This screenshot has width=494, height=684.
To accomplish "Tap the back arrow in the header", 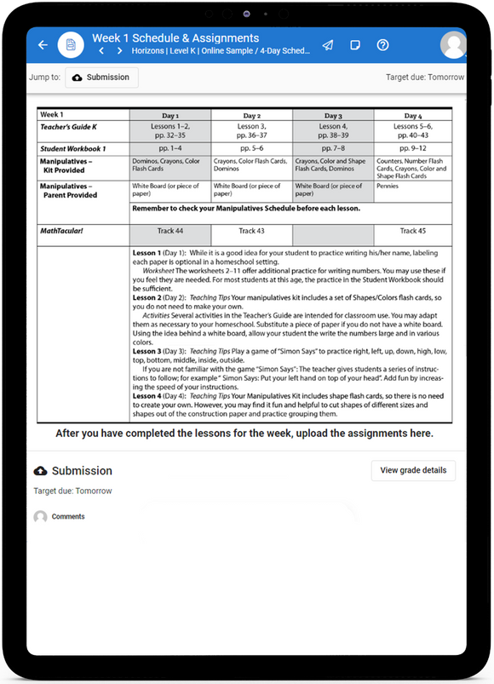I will (x=43, y=44).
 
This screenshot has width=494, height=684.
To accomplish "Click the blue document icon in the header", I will (x=71, y=44).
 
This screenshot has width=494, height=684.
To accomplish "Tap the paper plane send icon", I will (x=328, y=44).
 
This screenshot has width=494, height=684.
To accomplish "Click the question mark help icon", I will (x=382, y=44).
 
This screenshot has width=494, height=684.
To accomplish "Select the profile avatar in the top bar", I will (x=453, y=44).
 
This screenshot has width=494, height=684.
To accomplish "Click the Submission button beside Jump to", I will (x=101, y=78).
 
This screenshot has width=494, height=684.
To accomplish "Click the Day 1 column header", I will (x=169, y=115).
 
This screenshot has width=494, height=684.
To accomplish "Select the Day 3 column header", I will (x=333, y=115).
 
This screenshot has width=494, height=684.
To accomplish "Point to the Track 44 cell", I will (x=169, y=231).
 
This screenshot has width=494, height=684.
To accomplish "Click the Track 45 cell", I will (x=413, y=231).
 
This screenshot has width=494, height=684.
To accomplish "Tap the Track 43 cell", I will (x=251, y=231).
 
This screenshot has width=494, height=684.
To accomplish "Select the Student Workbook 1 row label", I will (x=73, y=148).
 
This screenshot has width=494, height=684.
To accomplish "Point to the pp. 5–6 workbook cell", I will (x=251, y=148).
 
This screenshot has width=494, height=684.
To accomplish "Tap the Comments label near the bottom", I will (x=68, y=516).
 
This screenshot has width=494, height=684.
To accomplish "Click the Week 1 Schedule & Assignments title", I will (x=175, y=38).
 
